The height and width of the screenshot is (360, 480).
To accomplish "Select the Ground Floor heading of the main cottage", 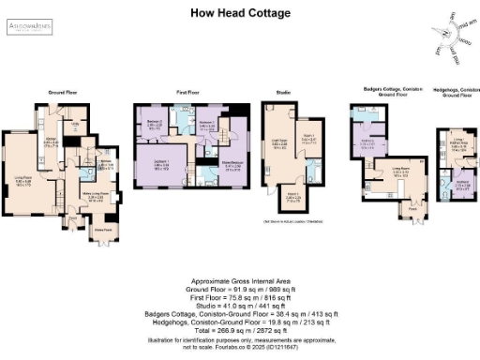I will [x=62, y=92].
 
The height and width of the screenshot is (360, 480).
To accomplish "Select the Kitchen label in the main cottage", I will [x=50, y=142].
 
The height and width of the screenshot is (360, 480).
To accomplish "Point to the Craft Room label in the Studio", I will [x=279, y=140].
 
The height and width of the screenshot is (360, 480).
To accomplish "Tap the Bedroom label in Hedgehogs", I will [x=462, y=182].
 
